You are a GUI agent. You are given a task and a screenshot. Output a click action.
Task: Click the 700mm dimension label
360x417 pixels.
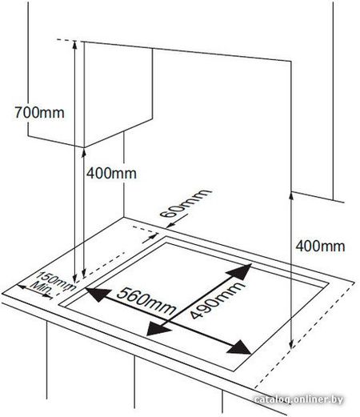coord(39,112)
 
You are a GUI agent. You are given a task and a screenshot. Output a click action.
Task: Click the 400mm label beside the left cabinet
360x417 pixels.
coord(111,173)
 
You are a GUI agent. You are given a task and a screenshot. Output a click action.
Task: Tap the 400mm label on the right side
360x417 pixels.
coord(320,246)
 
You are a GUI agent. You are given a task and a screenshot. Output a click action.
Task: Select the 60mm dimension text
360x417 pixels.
coord(186,203)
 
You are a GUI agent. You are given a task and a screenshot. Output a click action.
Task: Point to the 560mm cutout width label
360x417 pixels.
coord(146,301)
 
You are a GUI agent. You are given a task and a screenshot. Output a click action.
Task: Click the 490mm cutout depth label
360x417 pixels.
coord(217,300)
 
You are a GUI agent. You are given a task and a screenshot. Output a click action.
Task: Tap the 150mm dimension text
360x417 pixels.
coord(55,281)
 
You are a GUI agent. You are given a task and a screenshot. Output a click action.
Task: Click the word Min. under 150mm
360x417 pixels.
coord(41,289)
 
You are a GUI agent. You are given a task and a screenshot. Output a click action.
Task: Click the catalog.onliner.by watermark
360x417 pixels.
coord(298,399)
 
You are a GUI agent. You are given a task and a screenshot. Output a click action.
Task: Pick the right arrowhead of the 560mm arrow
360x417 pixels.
coord(239,347)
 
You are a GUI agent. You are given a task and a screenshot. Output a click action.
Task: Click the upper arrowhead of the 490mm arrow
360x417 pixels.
coord(240,271)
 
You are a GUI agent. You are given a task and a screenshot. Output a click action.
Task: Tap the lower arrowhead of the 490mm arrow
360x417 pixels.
coord(158,329)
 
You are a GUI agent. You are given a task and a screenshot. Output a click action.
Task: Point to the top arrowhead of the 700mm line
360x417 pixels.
coord(74,45)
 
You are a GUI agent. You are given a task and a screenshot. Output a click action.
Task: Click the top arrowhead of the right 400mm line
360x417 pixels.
coord(291,196)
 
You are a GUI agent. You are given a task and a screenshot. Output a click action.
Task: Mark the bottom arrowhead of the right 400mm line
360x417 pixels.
coord(291,343)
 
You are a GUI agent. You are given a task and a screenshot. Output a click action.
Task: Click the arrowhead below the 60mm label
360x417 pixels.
coord(170,226)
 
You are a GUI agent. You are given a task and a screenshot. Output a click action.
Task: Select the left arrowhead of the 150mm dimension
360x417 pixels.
coord(22,287)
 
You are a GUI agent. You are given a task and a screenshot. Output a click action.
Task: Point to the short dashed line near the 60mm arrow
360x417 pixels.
coord(144,231)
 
